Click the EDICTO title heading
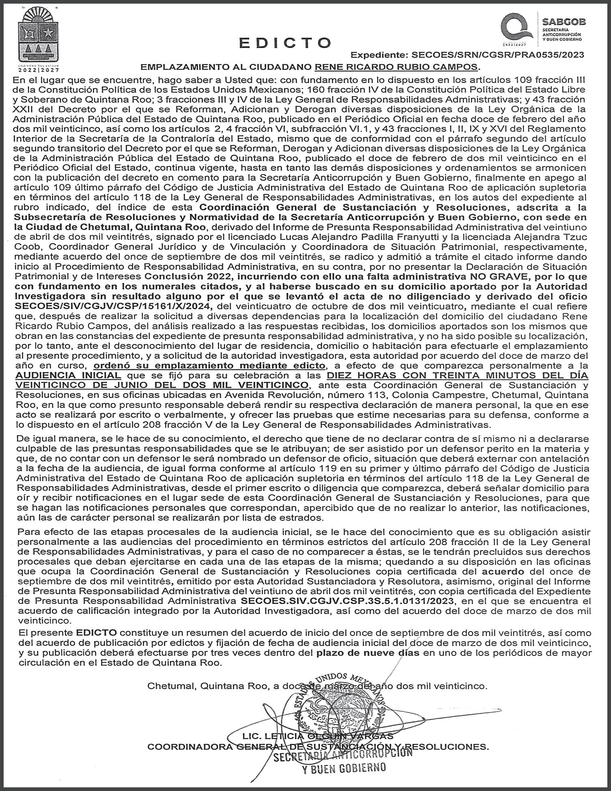coord(285,43)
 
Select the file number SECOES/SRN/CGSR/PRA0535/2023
coord(498,55)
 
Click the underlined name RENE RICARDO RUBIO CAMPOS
coord(397,67)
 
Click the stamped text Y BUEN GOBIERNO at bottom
coord(344,768)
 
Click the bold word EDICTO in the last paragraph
coord(96,632)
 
